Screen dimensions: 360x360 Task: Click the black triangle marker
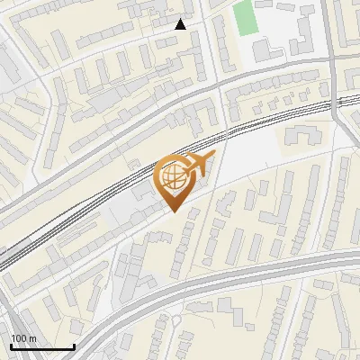tap(181, 24)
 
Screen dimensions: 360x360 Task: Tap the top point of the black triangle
tap(181, 19)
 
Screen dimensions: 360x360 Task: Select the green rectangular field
tap(244, 18)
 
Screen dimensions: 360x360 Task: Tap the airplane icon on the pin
tap(199, 165)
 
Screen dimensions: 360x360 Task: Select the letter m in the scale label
tap(32, 338)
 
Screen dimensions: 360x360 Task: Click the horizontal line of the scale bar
tap(42, 346)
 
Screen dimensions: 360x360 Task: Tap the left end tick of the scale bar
tap(11, 345)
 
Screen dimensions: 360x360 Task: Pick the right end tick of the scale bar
tap(74, 345)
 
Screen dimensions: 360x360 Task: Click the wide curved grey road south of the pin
tap(180, 289)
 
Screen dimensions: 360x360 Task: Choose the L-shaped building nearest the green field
tap(265, 47)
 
